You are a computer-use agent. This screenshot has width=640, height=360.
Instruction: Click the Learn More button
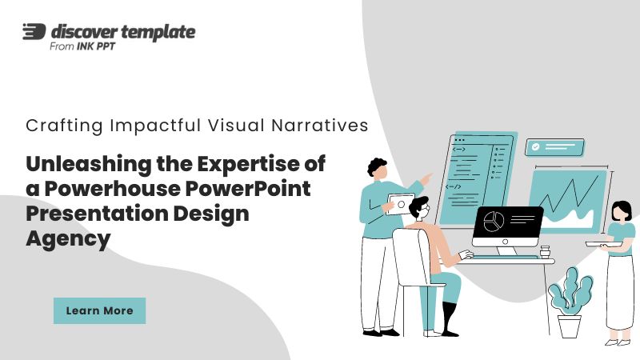point(99,310)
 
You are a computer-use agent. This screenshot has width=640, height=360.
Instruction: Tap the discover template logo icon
point(34,31)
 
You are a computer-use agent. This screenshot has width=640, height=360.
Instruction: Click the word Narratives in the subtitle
point(319,126)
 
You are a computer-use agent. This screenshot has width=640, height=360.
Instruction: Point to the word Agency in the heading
point(68,239)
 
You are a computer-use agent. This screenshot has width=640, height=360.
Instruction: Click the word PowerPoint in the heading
point(248,189)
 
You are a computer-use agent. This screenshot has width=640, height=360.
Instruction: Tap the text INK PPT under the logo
point(96,46)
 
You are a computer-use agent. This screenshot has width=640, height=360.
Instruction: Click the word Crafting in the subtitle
point(64,126)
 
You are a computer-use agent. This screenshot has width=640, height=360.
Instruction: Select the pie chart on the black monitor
point(494,222)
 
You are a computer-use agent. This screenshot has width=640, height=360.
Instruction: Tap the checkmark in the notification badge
point(535,147)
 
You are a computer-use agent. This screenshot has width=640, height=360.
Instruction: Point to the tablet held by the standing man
point(399,204)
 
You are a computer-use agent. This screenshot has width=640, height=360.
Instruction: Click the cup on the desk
point(545,251)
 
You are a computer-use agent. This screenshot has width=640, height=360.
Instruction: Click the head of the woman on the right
point(622,211)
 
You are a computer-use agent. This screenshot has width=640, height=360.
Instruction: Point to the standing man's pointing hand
point(426,178)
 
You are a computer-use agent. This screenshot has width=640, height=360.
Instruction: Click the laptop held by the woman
point(603,244)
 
